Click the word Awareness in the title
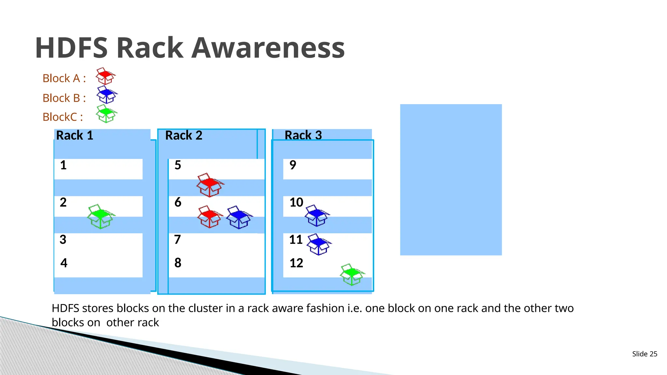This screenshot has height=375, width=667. [268, 48]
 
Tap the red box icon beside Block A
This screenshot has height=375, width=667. [106, 76]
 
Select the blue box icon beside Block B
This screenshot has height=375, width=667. [107, 95]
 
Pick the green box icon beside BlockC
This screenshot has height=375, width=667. [106, 114]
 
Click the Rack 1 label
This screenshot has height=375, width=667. [75, 135]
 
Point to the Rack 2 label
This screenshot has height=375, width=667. [184, 135]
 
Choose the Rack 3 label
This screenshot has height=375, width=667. [303, 135]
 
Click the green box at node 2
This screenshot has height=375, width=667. [101, 216]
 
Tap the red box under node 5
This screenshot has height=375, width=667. [210, 185]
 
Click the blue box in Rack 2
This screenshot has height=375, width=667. [239, 217]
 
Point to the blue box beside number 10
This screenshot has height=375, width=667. [317, 215]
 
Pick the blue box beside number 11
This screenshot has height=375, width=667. [319, 244]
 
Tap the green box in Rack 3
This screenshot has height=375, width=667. [352, 274]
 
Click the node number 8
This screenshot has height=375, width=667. [178, 263]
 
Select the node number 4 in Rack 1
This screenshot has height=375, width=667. [64, 263]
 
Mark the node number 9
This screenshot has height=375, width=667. [293, 165]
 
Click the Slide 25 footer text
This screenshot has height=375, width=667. [645, 354]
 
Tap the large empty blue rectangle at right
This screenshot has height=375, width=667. [451, 180]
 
